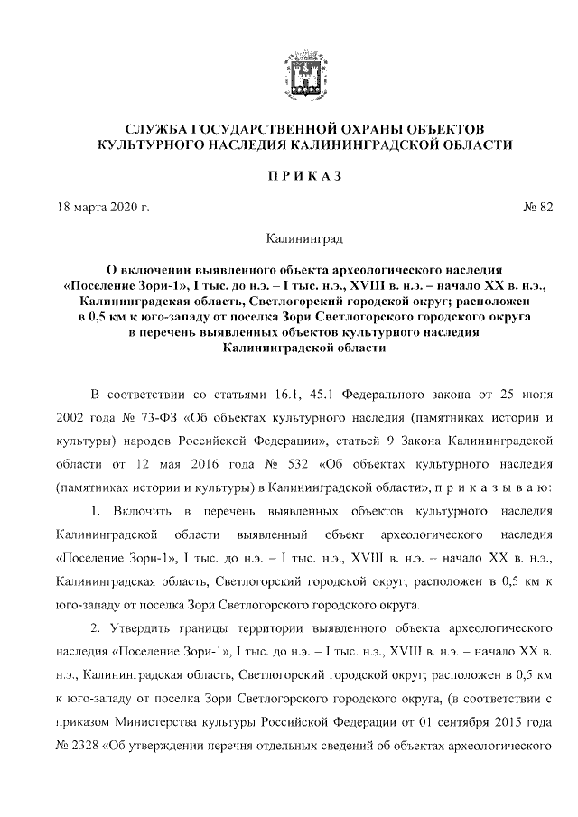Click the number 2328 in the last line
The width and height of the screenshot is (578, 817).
tap(93, 746)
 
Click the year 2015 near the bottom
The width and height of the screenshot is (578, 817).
tap(502, 721)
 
